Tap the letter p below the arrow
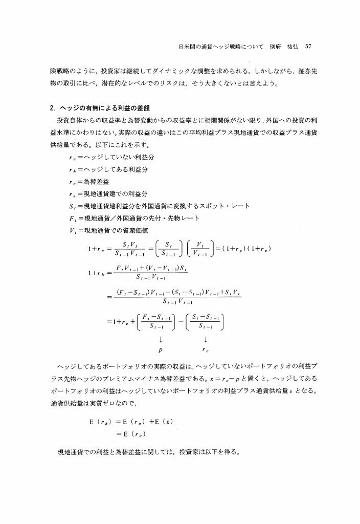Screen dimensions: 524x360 (161, 352)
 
